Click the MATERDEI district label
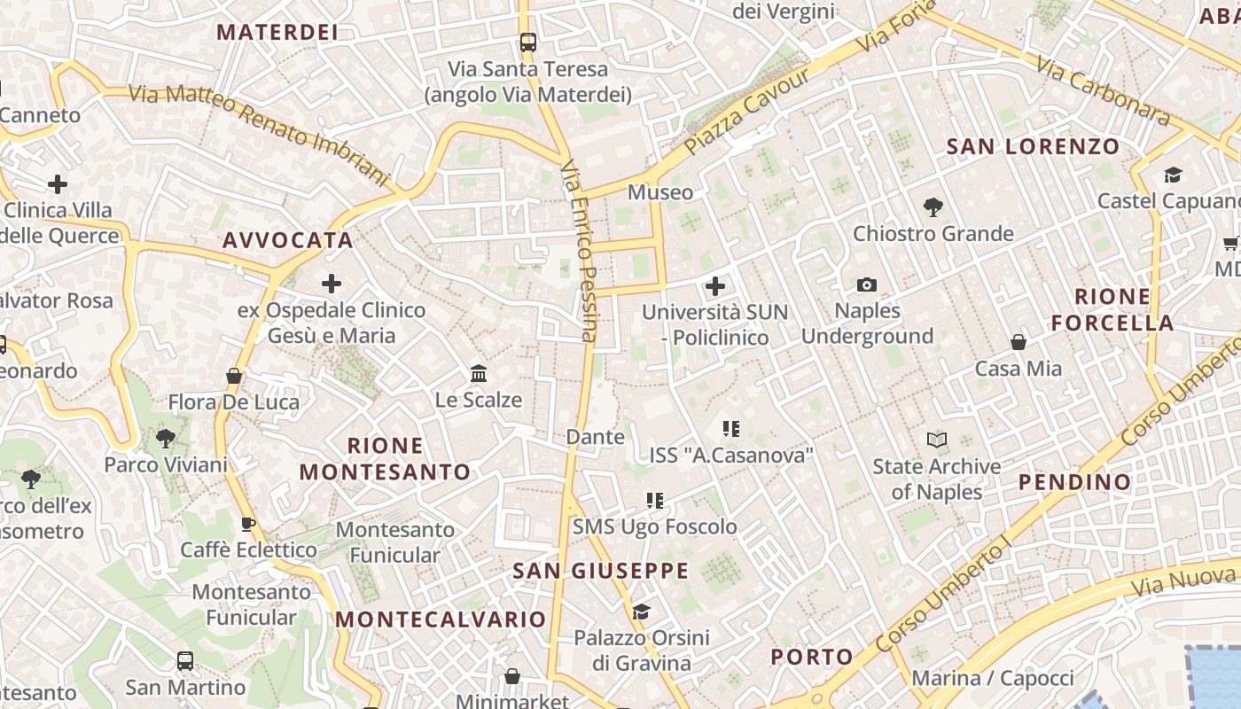point(277,32)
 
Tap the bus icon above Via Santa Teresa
point(528,42)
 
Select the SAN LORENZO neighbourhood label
point(1034,146)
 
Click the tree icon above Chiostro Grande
point(933,207)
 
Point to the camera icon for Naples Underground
point(867,284)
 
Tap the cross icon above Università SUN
point(714,286)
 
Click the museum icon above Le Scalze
point(480,373)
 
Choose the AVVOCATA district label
point(288,240)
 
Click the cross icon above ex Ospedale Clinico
point(332,284)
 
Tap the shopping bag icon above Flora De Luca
point(234,377)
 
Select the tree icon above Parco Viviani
point(166,438)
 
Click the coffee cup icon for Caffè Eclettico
point(248,524)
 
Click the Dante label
point(595,437)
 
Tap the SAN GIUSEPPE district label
point(600,571)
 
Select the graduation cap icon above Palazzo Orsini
point(641,612)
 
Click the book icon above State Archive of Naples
point(936,440)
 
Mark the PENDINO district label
point(1074,482)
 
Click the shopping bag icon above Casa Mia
point(1019,342)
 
